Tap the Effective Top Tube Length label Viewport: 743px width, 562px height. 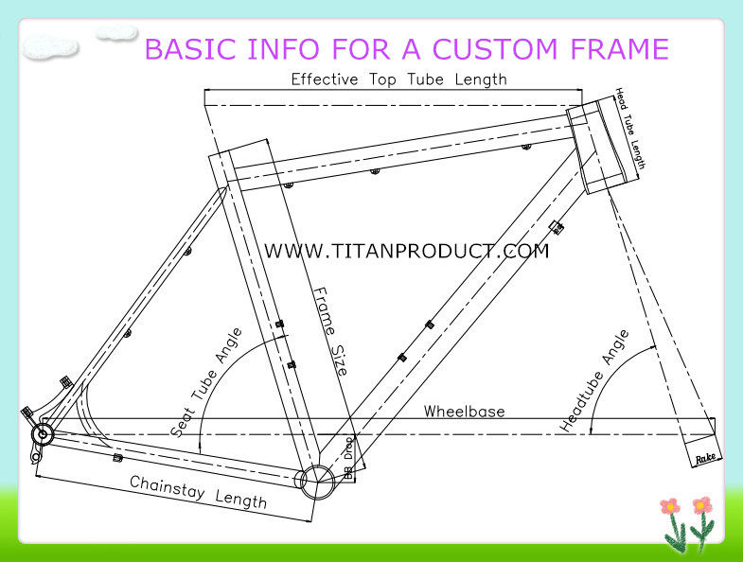(398, 79)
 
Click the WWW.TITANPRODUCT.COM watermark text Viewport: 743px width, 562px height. (406, 251)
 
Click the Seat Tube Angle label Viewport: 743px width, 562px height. (207, 380)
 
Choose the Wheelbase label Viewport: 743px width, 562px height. (464, 412)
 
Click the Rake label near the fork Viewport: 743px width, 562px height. (707, 458)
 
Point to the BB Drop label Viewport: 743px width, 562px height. (348, 459)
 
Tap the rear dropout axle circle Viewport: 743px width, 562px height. (42, 434)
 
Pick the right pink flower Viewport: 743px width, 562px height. (701, 505)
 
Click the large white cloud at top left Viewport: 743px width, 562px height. (50, 46)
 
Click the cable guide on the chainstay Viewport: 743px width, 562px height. (117, 458)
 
